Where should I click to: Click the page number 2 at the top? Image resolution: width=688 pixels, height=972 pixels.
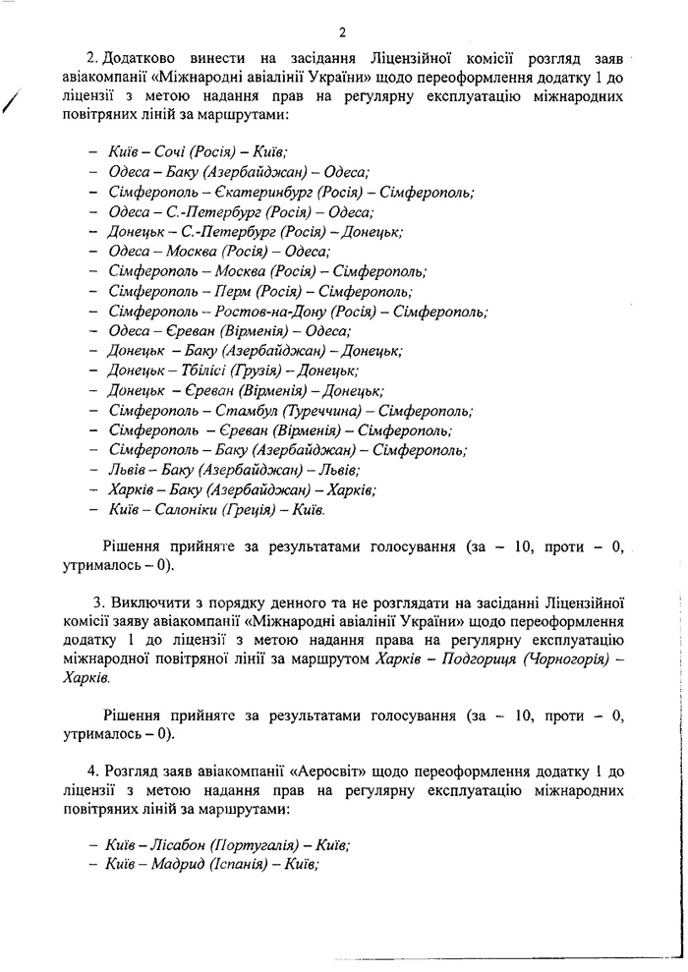[x=343, y=29]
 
